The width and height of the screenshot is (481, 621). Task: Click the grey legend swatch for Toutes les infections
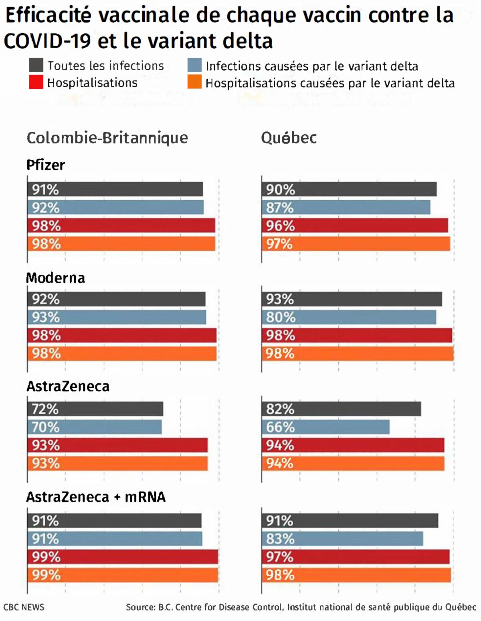point(36,65)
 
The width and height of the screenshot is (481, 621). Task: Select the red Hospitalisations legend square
point(36,82)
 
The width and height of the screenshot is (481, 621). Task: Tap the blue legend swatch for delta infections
point(194,65)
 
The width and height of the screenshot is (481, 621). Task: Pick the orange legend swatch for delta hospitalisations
point(194,82)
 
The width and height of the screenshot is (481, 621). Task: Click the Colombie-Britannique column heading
point(107,138)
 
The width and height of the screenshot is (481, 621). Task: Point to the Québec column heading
point(289,138)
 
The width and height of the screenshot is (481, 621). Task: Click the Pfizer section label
point(46,165)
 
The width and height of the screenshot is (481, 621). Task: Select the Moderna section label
point(55,278)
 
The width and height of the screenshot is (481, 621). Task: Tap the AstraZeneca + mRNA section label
point(96,497)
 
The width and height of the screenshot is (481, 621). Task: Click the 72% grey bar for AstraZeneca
point(95,409)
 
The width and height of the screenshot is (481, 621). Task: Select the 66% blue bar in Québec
point(325,427)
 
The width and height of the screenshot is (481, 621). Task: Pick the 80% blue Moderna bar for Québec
point(349,317)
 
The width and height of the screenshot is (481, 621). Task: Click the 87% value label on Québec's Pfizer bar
point(280,208)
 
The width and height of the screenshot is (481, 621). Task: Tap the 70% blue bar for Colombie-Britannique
point(95,427)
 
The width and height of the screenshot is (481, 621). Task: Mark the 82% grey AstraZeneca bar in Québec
point(341,409)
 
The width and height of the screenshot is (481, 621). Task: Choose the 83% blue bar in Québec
point(342,539)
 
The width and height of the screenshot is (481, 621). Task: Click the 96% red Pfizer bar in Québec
point(355,226)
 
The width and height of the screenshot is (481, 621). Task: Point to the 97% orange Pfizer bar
point(356,244)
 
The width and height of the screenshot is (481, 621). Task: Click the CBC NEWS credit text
point(24,607)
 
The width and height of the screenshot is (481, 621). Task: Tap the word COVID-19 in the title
point(47,41)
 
